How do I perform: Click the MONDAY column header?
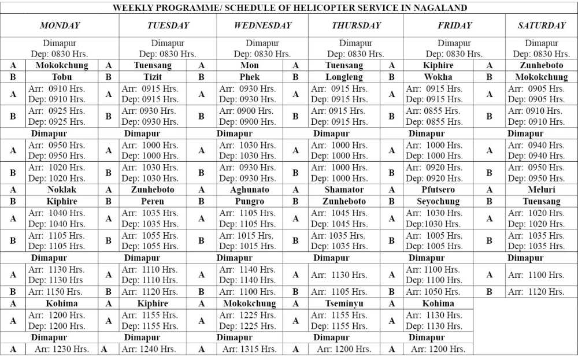point(60,25)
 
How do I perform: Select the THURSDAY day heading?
point(356,25)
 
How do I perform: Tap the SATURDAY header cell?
point(542,25)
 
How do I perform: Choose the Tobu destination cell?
point(62,77)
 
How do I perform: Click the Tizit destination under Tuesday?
point(153,77)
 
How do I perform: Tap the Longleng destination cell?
point(344,77)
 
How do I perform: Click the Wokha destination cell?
point(438,77)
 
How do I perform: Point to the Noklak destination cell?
point(62,190)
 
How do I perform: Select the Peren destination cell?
point(153,202)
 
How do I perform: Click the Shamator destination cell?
point(344,190)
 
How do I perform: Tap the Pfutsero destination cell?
point(438,190)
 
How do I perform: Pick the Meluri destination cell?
point(542,190)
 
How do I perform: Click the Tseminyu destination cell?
point(344,303)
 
